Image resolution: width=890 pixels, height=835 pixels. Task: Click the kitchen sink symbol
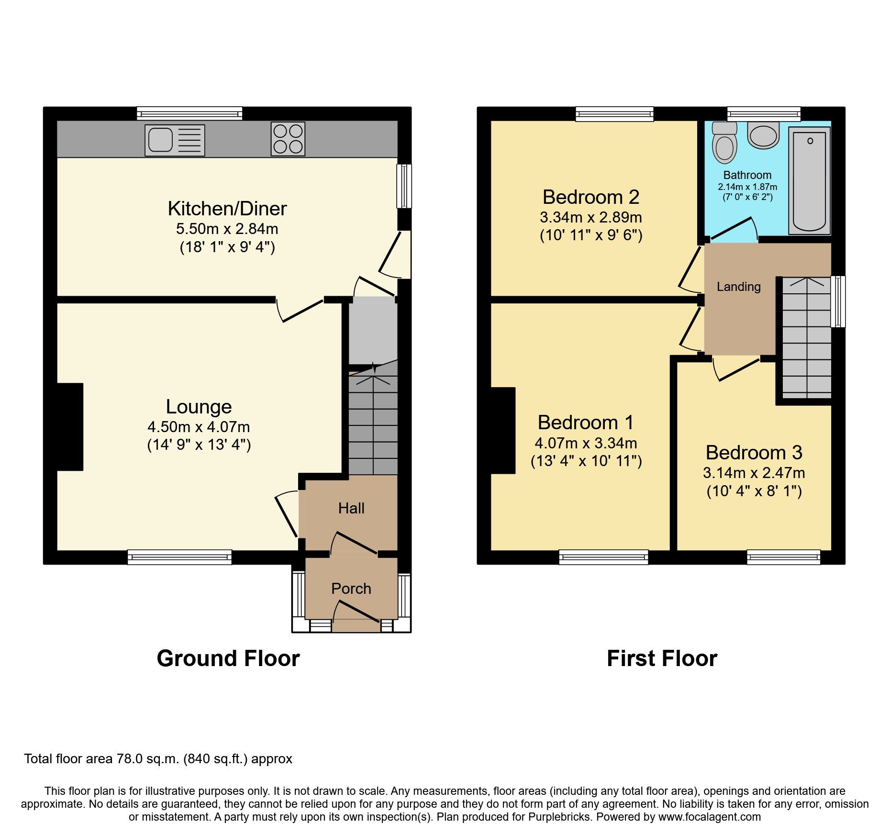[x=175, y=140]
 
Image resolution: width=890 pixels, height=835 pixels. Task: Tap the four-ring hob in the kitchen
[x=288, y=139]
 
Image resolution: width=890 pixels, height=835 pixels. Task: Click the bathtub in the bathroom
[x=809, y=181]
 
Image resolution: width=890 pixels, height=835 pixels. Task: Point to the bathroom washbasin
[x=764, y=135]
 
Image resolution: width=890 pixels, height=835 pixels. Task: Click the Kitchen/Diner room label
[x=227, y=209]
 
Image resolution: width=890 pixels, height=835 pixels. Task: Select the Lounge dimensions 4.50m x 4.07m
[x=199, y=427]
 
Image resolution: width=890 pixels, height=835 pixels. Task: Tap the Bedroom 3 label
[x=754, y=453]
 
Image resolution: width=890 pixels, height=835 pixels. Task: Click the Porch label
[x=351, y=589]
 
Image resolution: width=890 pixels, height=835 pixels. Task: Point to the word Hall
[x=351, y=508]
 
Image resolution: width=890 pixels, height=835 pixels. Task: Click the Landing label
[x=738, y=287]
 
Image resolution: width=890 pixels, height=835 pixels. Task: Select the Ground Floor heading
[x=228, y=658]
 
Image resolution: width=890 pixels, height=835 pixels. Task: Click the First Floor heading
[x=662, y=658]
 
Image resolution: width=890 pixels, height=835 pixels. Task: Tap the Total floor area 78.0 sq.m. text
[x=158, y=759]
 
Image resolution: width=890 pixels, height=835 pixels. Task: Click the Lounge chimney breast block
[x=70, y=426]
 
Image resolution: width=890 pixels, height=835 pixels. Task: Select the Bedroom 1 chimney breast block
[x=503, y=430]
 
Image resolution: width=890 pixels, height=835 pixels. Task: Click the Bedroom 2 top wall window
[x=614, y=114]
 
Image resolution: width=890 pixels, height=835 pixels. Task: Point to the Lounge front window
[x=179, y=557]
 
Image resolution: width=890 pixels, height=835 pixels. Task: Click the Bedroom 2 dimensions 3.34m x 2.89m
[x=590, y=217]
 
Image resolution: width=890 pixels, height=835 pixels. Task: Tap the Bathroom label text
[x=747, y=175]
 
